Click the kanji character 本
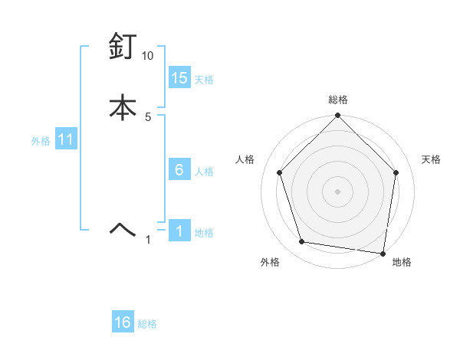[123, 107]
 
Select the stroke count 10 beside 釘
[147, 57]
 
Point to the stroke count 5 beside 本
[148, 117]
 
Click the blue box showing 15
[179, 78]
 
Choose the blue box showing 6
[179, 170]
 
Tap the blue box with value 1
[179, 231]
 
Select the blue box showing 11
[65, 140]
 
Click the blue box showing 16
[123, 322]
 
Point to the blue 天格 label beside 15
[204, 80]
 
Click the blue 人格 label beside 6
[204, 172]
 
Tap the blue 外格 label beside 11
[40, 141]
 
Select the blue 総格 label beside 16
[147, 324]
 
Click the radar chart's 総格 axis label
[337, 100]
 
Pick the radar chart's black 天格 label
[432, 159]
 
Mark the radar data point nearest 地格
[383, 253]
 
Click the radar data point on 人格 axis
[279, 172]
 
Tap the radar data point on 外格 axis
[302, 242]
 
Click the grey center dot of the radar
[337, 191]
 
